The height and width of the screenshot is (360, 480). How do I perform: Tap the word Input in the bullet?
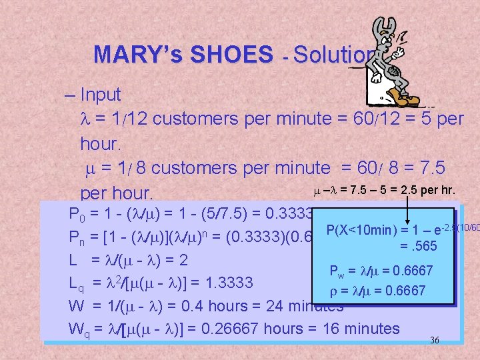pos(100,95)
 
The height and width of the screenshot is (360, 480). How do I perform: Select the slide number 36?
pos(435,340)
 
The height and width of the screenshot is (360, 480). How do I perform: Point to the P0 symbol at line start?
pos(77,215)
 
